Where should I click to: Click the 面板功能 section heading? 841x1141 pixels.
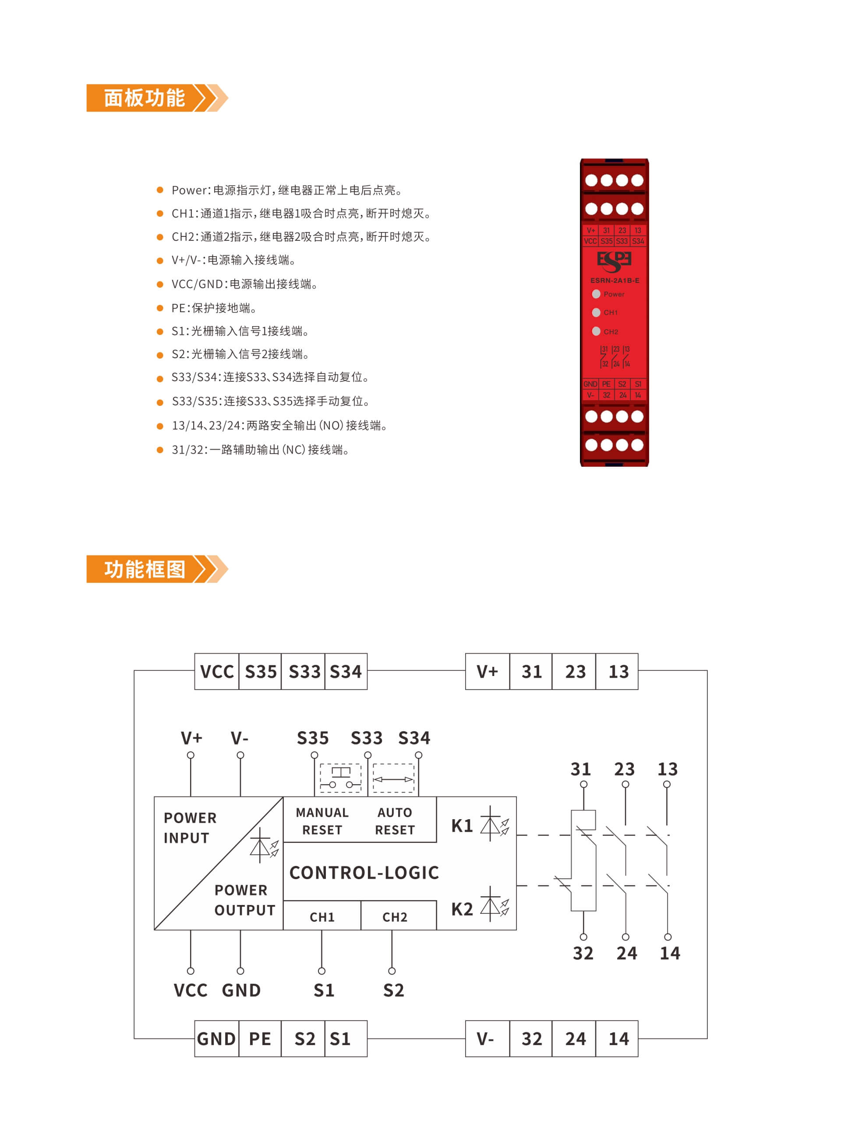point(145,98)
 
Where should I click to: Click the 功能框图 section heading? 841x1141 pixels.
point(145,569)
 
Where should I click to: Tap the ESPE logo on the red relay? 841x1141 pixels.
point(614,261)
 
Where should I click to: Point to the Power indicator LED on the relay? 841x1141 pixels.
point(596,294)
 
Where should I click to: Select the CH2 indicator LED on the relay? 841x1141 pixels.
point(596,331)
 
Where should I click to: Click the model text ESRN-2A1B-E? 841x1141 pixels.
point(615,280)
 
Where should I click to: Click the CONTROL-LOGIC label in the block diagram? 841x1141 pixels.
point(364,873)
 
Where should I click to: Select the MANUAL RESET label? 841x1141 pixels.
point(322,821)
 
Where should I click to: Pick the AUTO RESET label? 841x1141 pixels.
point(395,821)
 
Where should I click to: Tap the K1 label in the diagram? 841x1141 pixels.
point(462,825)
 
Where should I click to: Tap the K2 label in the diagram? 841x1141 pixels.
point(462,909)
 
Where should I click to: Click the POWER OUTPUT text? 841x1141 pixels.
point(245,900)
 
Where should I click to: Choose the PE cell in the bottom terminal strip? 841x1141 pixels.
point(260,1039)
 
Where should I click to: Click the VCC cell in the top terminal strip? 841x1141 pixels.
point(217,671)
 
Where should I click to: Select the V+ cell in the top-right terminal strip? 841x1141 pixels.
point(487,671)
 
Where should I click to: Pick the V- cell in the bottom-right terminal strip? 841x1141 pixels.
point(487,1039)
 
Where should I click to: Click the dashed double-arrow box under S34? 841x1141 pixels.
point(393,778)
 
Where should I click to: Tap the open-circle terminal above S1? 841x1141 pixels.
point(322,971)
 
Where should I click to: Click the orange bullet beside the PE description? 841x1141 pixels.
point(160,308)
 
